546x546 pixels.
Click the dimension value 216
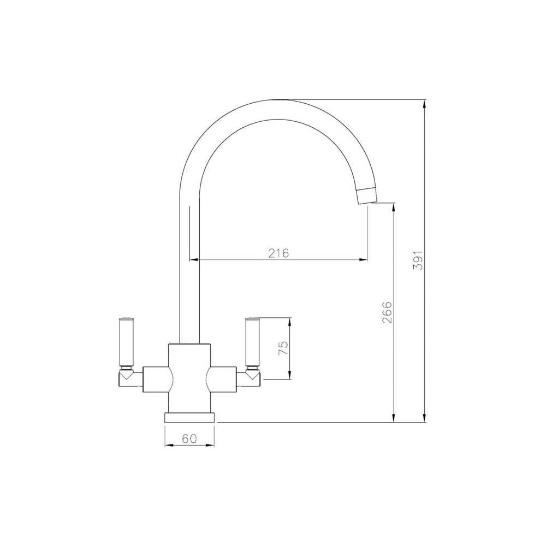click(x=278, y=253)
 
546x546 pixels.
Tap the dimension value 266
click(x=387, y=312)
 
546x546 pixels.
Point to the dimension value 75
click(x=282, y=348)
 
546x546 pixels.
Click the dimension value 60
click(x=189, y=438)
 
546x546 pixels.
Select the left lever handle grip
click(x=125, y=341)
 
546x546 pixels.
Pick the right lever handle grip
click(x=253, y=341)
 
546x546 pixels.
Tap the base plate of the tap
click(x=189, y=417)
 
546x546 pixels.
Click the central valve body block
click(x=189, y=377)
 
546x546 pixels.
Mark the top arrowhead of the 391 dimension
click(x=425, y=104)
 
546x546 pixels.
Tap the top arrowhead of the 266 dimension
click(x=393, y=206)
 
